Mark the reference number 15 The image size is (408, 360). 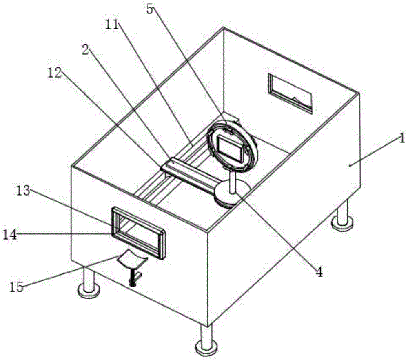pos(17,287)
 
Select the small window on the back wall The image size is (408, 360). pos(290,93)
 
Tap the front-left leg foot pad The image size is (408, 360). pos(88,291)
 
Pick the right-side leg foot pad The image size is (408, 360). pos(343,223)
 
